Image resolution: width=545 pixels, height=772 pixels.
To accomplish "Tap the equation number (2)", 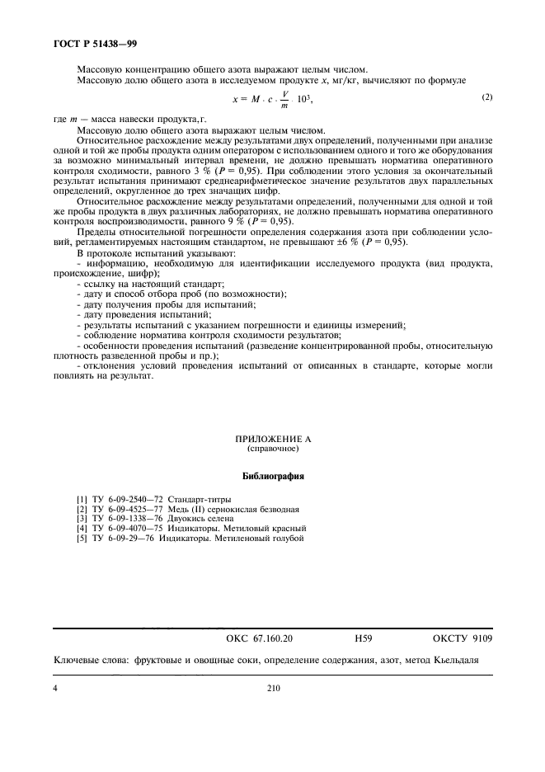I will (486, 97).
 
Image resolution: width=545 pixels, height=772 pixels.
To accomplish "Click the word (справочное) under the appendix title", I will (272, 451).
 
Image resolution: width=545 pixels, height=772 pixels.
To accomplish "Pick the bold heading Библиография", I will (272, 477).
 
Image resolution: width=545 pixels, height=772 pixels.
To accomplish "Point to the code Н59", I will (363, 639).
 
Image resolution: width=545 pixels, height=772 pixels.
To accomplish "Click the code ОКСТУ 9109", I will (463, 639).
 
